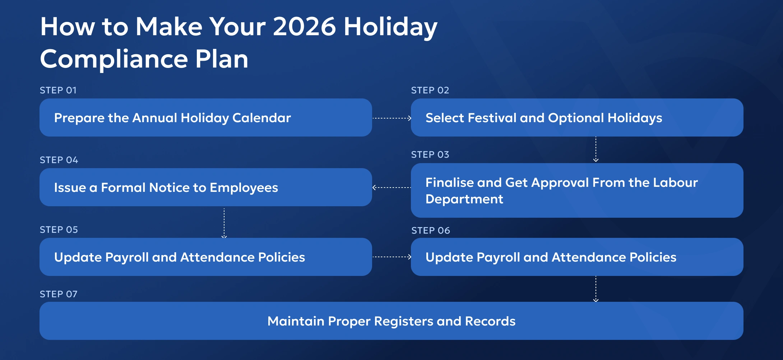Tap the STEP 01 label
(x=58, y=90)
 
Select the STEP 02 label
(x=430, y=90)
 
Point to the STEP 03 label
(x=430, y=154)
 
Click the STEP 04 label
(x=59, y=160)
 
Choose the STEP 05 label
(x=59, y=230)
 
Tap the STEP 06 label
(x=430, y=230)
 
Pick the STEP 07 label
(x=59, y=294)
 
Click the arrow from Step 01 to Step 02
(x=391, y=118)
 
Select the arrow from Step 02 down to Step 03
(x=596, y=149)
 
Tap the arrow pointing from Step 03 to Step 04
(x=391, y=188)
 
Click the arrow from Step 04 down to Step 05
(x=224, y=223)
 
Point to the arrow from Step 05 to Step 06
(x=391, y=257)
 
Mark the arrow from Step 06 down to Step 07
(x=596, y=289)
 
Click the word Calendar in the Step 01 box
(x=261, y=118)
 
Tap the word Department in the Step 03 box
(x=464, y=199)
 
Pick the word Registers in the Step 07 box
(x=403, y=321)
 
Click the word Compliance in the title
(x=114, y=59)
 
